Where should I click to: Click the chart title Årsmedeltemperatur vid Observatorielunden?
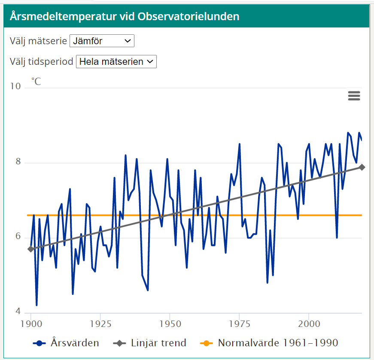pyautogui.click(x=125, y=17)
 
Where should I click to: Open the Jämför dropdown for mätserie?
pyautogui.click(x=102, y=41)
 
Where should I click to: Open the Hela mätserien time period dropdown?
pyautogui.click(x=116, y=62)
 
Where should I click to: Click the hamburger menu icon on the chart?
pyautogui.click(x=354, y=96)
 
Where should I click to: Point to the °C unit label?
pyautogui.click(x=36, y=81)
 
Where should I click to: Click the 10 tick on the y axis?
pyautogui.click(x=15, y=86)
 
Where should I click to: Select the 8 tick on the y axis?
pyautogui.click(x=18, y=162)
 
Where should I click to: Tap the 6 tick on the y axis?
pyautogui.click(x=18, y=236)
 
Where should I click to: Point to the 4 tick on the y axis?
pyautogui.click(x=18, y=311)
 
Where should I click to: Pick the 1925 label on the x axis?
pyautogui.click(x=100, y=322)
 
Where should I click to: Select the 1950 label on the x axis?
pyautogui.click(x=170, y=322)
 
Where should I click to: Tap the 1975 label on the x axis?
pyautogui.click(x=239, y=322)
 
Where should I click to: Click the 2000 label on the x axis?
pyautogui.click(x=309, y=322)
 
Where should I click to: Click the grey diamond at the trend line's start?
pyautogui.click(x=30, y=249)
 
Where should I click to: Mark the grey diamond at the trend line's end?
pyautogui.click(x=362, y=167)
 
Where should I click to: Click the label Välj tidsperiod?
pyautogui.click(x=41, y=62)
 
